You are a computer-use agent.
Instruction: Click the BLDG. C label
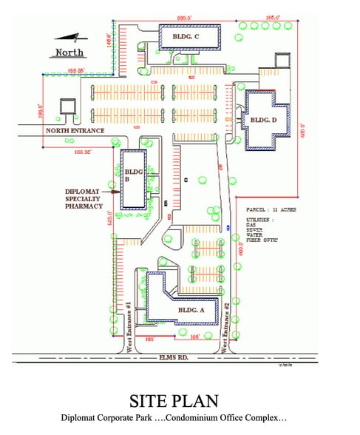[185, 37]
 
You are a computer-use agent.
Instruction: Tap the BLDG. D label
[264, 119]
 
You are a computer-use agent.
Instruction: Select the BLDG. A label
[191, 310]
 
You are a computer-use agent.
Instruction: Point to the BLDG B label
[132, 175]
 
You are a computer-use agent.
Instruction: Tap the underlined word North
[69, 53]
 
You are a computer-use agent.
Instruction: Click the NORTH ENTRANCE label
[75, 131]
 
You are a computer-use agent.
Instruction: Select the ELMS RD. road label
[175, 357]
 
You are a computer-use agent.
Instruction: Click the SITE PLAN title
[174, 401]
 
